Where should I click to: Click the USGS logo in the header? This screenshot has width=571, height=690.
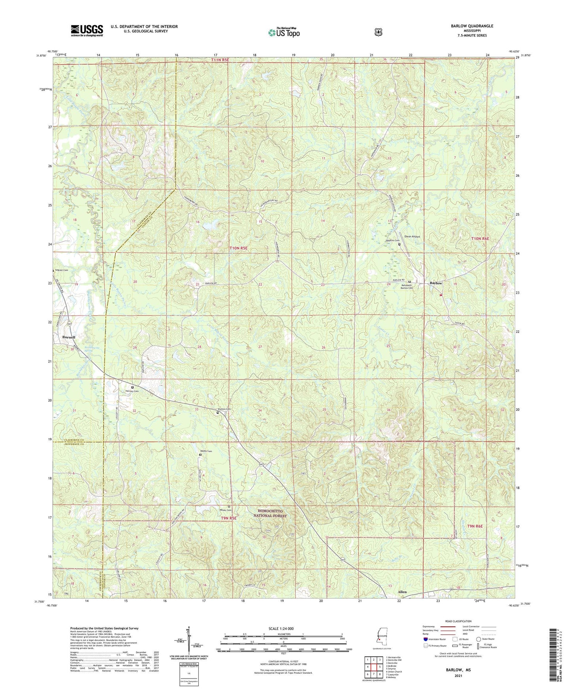click(87, 30)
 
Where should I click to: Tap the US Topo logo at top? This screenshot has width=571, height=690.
click(283, 32)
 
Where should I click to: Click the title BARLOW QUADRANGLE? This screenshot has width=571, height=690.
click(472, 26)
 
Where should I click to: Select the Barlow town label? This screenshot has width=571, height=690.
click(436, 283)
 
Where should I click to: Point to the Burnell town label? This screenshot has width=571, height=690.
click(68, 337)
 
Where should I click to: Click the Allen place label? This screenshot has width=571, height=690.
click(402, 592)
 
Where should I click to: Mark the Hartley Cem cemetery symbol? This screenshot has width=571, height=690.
click(132, 387)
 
